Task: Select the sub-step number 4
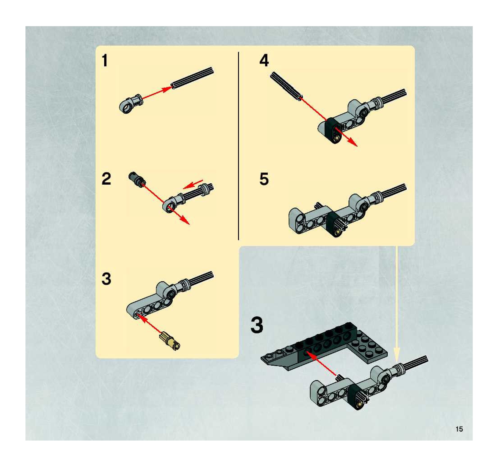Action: coord(264,61)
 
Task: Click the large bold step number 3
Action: coord(257,325)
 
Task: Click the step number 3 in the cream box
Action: coord(106,279)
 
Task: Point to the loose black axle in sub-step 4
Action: coord(287,86)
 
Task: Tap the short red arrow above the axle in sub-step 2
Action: coord(193,184)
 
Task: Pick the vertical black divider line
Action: coord(239,146)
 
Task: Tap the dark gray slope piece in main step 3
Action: coord(279,360)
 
